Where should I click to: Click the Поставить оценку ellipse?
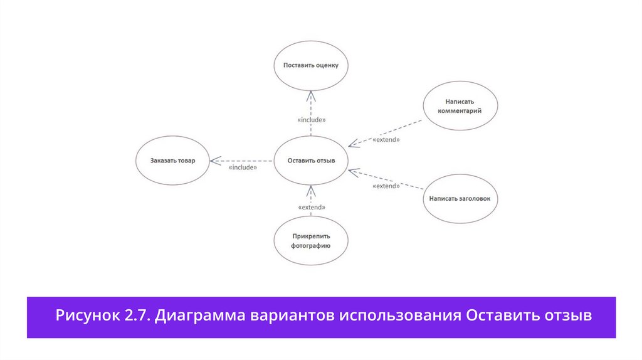click(311, 65)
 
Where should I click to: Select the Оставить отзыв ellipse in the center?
click(311, 161)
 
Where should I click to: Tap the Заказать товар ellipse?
click(172, 161)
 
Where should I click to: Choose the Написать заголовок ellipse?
click(463, 199)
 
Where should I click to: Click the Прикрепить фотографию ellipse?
click(311, 241)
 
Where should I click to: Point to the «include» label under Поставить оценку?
click(311, 119)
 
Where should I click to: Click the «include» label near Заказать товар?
click(243, 168)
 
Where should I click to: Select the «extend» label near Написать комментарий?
click(386, 140)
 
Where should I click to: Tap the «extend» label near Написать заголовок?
click(386, 186)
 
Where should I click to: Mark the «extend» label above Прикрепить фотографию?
click(311, 207)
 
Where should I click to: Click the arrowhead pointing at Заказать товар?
click(214, 161)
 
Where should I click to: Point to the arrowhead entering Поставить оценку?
click(311, 93)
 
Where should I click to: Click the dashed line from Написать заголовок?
click(401, 182)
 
